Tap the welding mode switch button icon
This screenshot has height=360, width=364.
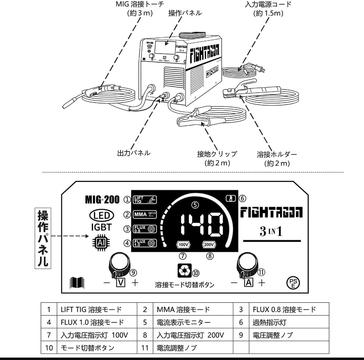[x=183, y=270]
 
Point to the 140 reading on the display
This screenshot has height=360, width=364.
[x=201, y=225]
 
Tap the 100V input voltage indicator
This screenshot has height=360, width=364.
[x=183, y=245]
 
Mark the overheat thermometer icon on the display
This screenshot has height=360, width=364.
[x=231, y=199]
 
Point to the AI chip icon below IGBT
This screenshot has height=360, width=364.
[x=101, y=242]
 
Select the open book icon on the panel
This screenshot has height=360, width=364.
[x=77, y=283]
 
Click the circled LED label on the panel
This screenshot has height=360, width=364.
[x=102, y=215]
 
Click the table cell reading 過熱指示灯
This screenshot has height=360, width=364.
[x=269, y=322]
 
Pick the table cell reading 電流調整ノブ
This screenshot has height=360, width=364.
[x=177, y=348]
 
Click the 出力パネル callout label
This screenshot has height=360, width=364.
[x=134, y=153]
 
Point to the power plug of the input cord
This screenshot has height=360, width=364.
[x=260, y=68]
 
